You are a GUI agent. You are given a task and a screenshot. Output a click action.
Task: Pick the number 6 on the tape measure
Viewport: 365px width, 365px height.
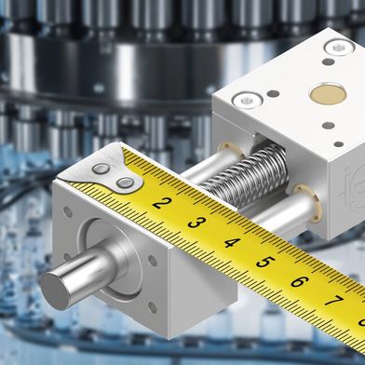[x=299, y=281]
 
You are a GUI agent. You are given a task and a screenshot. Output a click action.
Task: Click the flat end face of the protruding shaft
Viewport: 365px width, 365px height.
[x=56, y=286]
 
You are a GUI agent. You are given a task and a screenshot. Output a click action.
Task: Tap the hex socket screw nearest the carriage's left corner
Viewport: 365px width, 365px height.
[x=245, y=97]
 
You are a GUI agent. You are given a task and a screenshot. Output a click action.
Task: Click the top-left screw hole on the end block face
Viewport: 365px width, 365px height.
[x=67, y=212]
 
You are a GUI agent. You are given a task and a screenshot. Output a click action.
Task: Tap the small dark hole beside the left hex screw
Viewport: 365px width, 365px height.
[x=271, y=93]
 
